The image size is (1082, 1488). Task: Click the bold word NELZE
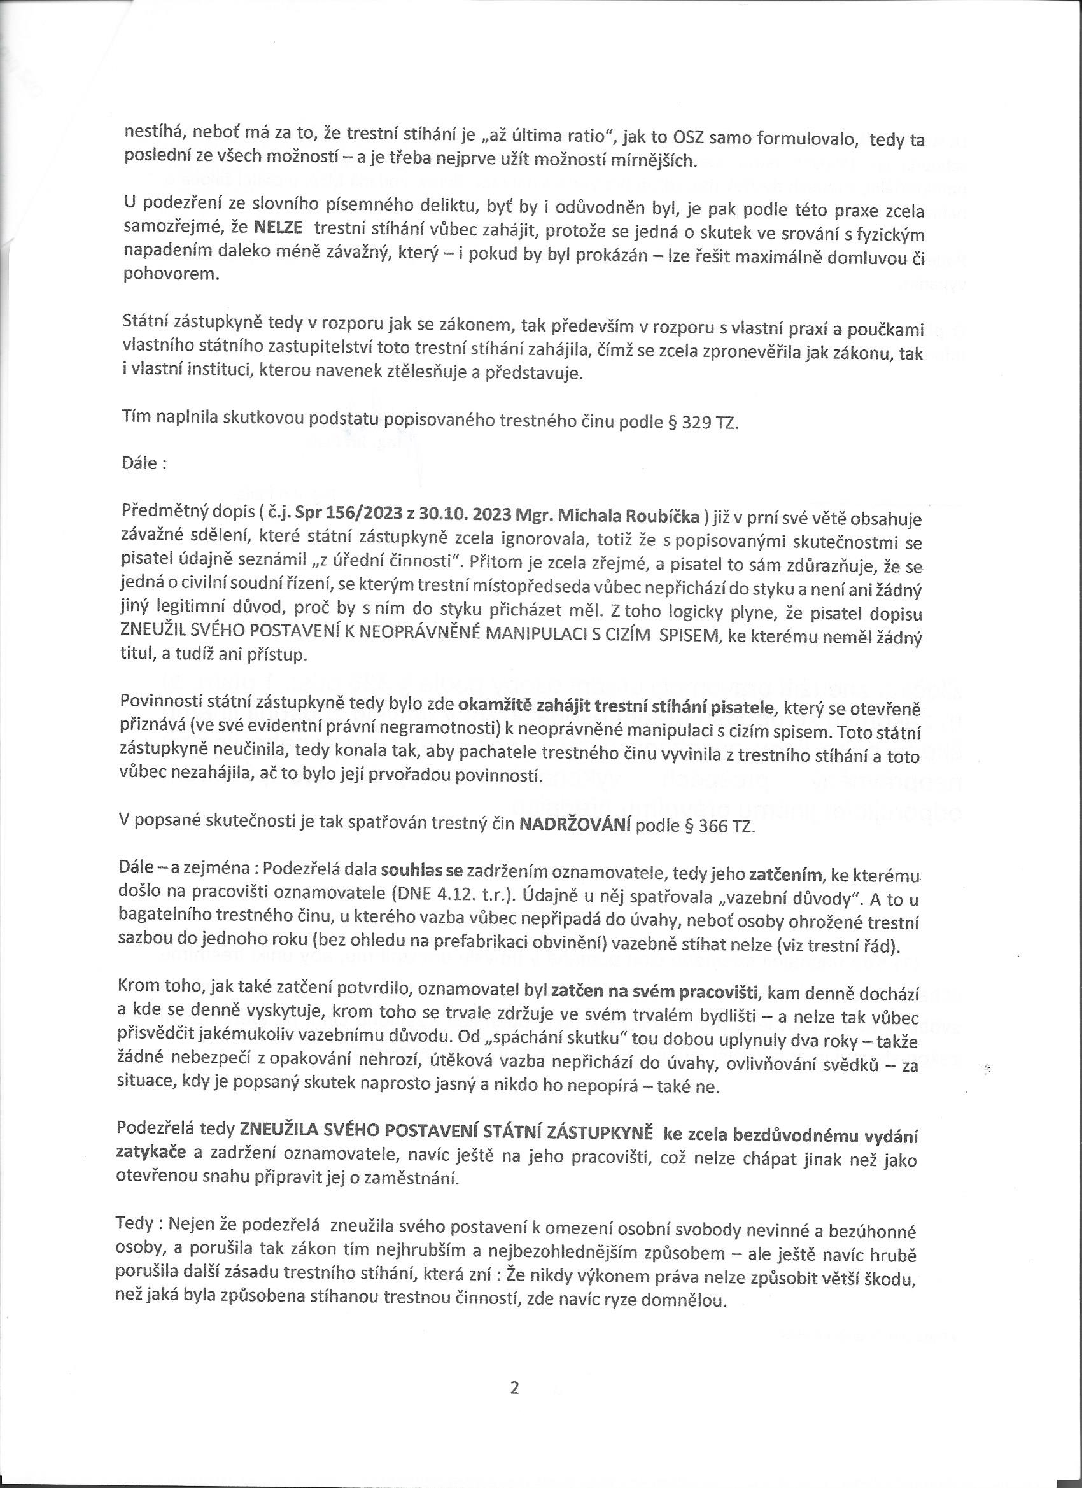[278, 228]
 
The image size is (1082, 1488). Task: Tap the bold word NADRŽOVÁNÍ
[574, 825]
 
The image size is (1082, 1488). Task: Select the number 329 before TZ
[695, 422]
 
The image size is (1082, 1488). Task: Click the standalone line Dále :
[144, 463]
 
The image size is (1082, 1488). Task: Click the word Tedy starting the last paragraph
[134, 1224]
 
